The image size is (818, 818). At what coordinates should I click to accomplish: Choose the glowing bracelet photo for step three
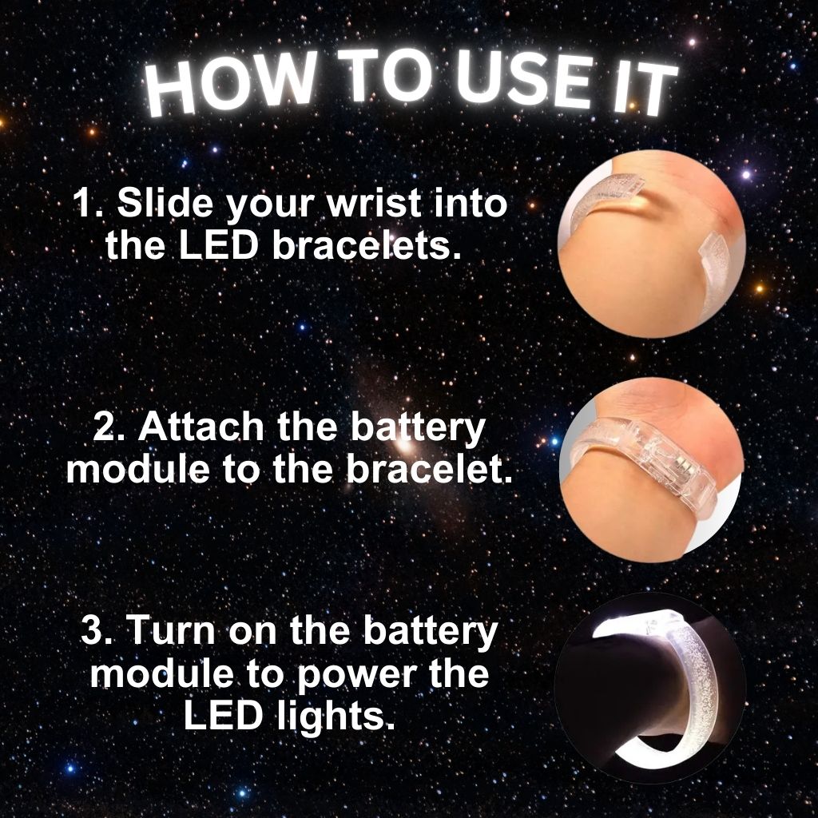pyautogui.click(x=651, y=687)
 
